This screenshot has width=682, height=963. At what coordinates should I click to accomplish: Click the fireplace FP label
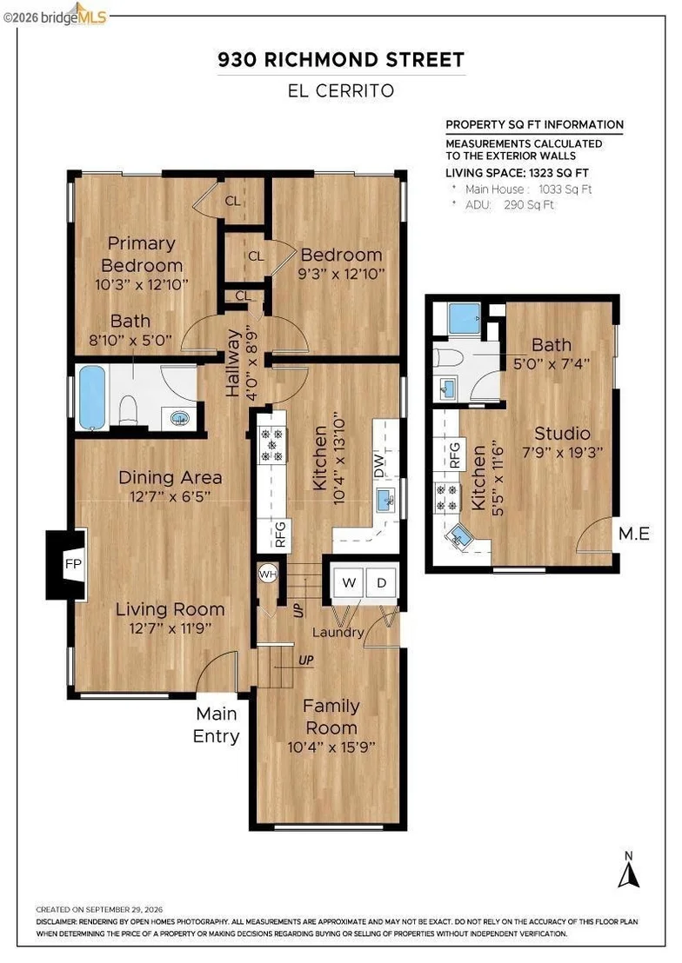73,564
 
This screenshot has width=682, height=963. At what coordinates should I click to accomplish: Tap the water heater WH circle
268,574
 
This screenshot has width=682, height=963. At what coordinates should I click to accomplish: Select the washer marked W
349,582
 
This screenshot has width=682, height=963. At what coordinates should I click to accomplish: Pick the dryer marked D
381,582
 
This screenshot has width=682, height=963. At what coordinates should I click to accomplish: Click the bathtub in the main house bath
92,397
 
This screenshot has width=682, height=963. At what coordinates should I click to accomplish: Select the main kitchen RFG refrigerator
280,535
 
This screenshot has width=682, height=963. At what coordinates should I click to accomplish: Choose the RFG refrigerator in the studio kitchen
454,455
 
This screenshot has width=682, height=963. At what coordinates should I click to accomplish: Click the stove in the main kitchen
271,444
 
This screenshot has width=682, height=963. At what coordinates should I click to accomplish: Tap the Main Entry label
216,725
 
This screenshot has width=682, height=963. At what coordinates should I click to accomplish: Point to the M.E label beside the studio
634,533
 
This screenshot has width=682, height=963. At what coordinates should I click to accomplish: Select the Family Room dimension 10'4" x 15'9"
331,747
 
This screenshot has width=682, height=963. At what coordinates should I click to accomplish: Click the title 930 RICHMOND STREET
341,60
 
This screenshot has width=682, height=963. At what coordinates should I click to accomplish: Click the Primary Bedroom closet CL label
232,201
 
